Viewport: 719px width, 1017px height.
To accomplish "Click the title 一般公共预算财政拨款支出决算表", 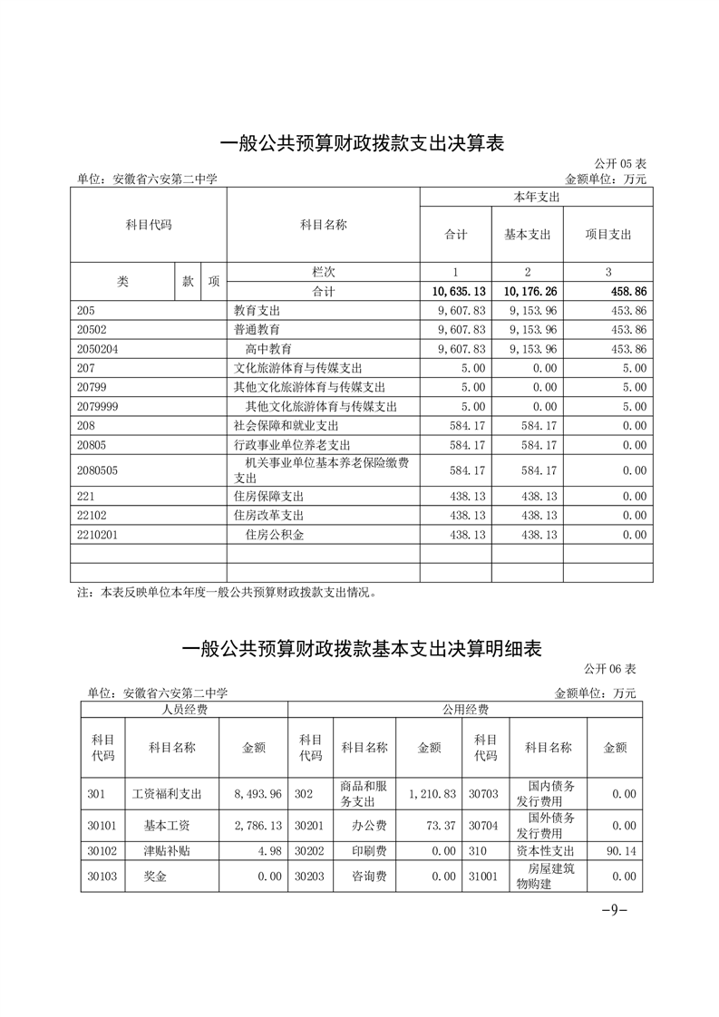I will pos(361,143).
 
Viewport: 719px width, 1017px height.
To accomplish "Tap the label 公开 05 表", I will pos(620,164).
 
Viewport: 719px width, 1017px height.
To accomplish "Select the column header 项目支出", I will pos(607,234).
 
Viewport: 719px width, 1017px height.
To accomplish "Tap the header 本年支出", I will pos(536,197).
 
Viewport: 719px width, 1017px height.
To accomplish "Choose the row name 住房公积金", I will pos(275,536).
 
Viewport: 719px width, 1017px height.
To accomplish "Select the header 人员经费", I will pos(184,710).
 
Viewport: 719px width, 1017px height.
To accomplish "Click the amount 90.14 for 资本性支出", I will pos(620,851).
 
